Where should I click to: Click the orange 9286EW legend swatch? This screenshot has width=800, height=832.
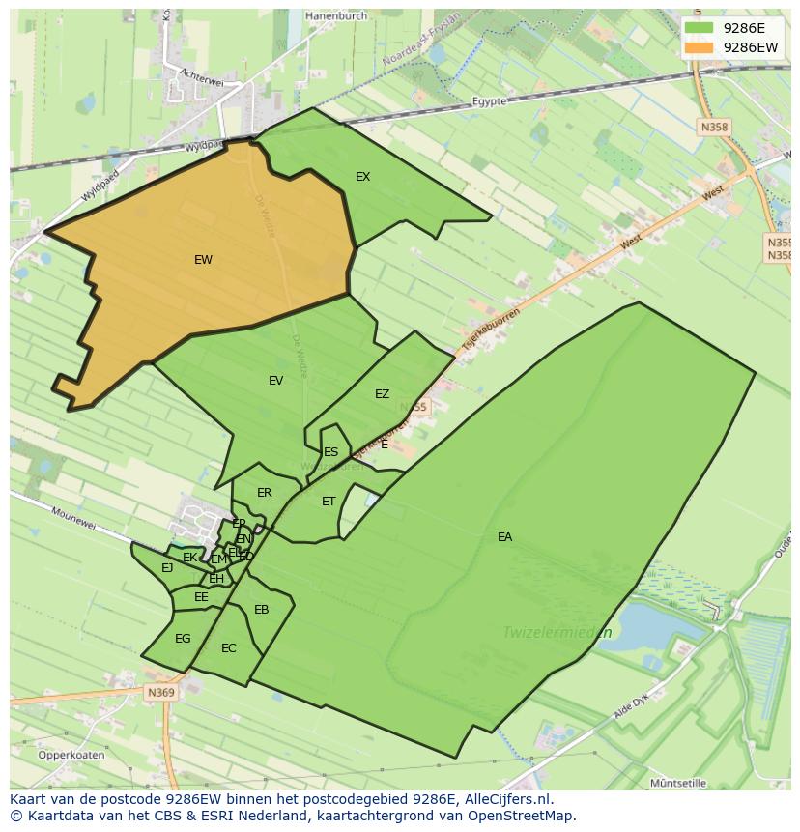coord(701,46)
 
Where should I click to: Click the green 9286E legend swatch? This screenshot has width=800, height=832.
coord(701,28)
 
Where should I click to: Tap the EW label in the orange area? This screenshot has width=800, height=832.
coord(203,260)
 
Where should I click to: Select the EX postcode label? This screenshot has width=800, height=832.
coord(362,177)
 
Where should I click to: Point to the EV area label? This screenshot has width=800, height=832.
coord(276,381)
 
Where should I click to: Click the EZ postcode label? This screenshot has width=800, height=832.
coord(382,394)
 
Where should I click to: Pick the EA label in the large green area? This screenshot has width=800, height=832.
coord(504,537)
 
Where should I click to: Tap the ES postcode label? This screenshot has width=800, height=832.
coord(331,452)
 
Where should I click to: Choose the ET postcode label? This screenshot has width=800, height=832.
coord(329,502)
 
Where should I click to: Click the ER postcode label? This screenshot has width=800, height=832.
coord(265,493)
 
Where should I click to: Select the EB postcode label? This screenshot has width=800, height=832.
coord(261,610)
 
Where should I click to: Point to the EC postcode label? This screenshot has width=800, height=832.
coord(228,648)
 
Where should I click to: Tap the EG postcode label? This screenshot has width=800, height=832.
coord(183,639)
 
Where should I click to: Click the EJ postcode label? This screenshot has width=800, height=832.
coord(167,568)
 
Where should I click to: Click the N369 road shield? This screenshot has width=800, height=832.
coord(160,693)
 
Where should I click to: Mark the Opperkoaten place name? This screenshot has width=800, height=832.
coord(71,755)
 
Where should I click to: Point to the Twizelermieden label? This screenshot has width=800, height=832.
coord(557,633)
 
